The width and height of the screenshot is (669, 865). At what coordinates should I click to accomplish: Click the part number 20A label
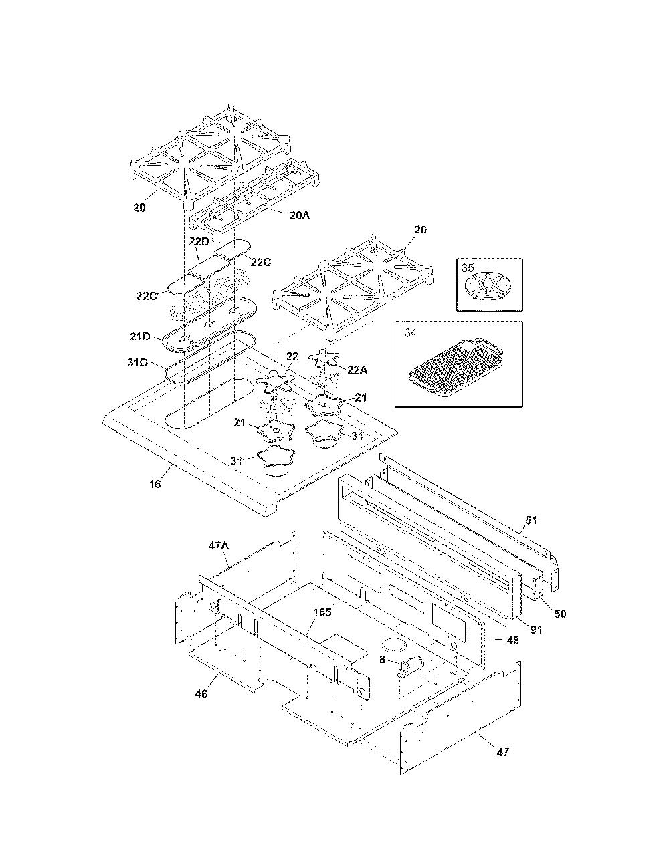pyautogui.click(x=300, y=215)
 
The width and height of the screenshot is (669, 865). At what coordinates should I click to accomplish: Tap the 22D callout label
pyautogui.click(x=198, y=241)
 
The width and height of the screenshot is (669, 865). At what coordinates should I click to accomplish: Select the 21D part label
pyautogui.click(x=140, y=337)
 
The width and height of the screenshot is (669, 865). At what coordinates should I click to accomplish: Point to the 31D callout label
pyautogui.click(x=138, y=362)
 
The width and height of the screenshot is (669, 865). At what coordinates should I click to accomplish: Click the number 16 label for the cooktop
pyautogui.click(x=155, y=484)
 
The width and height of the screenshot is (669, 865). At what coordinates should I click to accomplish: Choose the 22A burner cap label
pyautogui.click(x=357, y=370)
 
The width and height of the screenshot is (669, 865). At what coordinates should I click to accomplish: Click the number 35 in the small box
pyautogui.click(x=468, y=267)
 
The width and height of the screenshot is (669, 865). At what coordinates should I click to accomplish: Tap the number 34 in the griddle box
pyautogui.click(x=411, y=333)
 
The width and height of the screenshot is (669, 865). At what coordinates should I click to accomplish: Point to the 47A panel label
pyautogui.click(x=219, y=547)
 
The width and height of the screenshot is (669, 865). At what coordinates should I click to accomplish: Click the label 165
pyautogui.click(x=322, y=612)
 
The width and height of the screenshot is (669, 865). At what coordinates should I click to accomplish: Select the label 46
pyautogui.click(x=201, y=694)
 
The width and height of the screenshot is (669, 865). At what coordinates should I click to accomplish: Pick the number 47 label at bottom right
pyautogui.click(x=502, y=752)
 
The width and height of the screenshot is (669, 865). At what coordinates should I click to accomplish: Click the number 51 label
pyautogui.click(x=531, y=520)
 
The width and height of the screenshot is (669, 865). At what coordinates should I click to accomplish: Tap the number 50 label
pyautogui.click(x=560, y=614)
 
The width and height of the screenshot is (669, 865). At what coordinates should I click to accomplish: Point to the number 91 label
pyautogui.click(x=537, y=630)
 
